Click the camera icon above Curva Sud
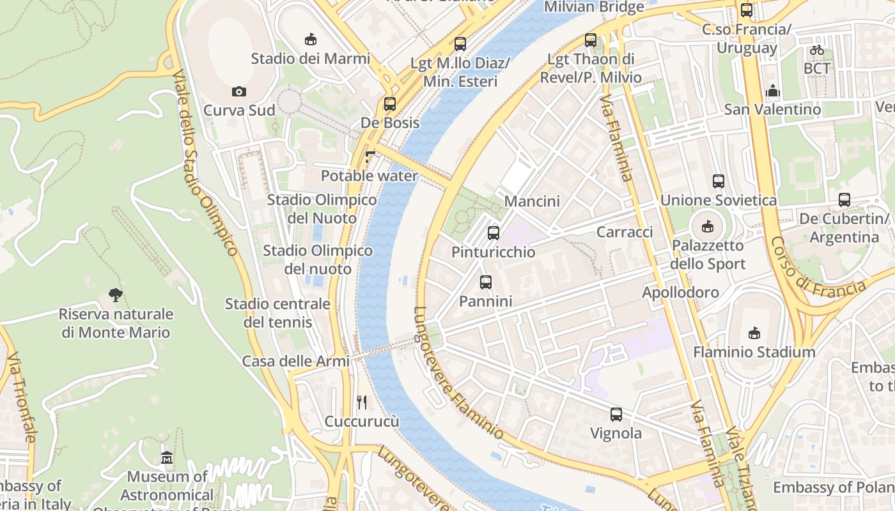239,92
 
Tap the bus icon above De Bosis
390,104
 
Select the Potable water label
369,176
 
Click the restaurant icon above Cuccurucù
362,402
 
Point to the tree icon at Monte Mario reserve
116,295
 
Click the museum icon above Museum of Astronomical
167,458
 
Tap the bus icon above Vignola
616,415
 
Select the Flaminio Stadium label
754,352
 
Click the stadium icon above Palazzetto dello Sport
708,226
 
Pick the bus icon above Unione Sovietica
719,181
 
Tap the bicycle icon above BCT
816,50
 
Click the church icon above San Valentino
772,91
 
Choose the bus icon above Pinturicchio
493,233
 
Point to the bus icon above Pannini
486,282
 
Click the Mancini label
532,201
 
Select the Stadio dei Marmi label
310,59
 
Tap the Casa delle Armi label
295,361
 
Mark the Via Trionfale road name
21,397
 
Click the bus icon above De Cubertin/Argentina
844,200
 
